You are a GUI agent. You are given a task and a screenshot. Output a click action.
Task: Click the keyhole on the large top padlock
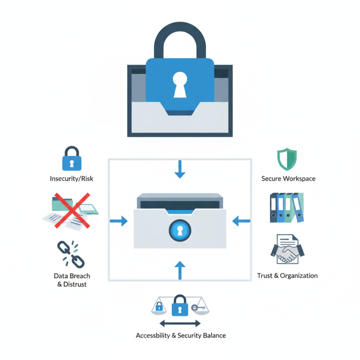[180, 84]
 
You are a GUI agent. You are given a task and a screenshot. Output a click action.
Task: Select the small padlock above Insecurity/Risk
[71, 158]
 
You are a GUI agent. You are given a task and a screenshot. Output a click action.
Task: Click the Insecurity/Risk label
[72, 179]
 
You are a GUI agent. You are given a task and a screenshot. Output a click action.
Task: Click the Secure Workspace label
[288, 179]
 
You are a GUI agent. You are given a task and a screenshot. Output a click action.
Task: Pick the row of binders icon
[287, 207]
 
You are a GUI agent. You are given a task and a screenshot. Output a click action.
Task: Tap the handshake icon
[287, 249]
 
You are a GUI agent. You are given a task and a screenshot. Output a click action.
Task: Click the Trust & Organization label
[287, 275]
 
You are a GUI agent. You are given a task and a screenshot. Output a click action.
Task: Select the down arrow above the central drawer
[180, 169]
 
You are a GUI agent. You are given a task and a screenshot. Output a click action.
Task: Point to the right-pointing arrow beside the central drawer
[119, 220]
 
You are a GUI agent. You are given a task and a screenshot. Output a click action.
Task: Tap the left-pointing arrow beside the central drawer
[241, 220]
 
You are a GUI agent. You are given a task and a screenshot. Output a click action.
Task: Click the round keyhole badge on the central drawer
[180, 231]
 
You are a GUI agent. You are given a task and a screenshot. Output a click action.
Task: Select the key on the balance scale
[198, 308]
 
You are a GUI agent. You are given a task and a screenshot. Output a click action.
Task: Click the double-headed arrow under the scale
[180, 324]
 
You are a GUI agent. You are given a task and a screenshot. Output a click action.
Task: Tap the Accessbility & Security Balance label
[180, 336]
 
